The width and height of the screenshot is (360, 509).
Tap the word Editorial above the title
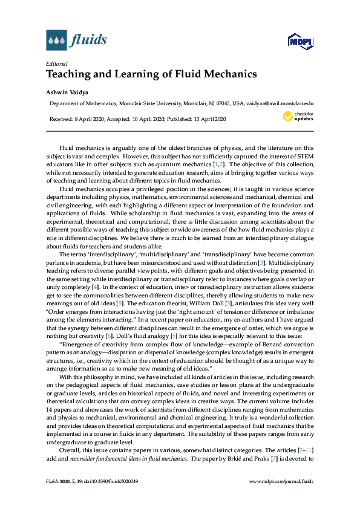point(56,63)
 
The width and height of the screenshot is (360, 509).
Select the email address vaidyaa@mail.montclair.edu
point(280,104)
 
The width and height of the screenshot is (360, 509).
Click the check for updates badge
point(298,117)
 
